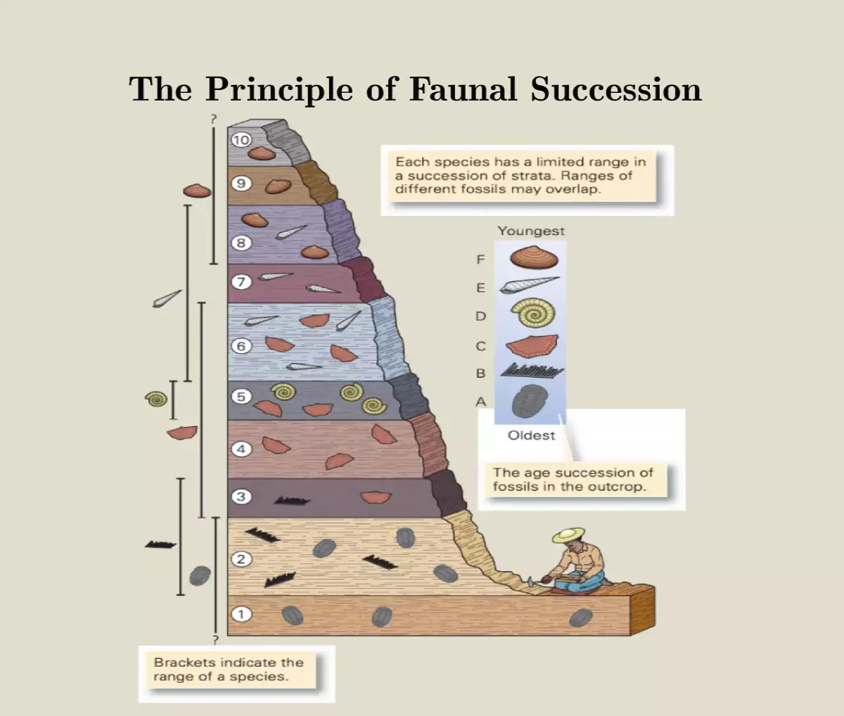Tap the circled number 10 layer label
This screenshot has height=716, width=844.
pyautogui.click(x=241, y=140)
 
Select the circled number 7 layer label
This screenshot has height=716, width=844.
pyautogui.click(x=241, y=282)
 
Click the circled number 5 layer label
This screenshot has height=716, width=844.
pyautogui.click(x=241, y=397)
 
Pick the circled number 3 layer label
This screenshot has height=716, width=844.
pyautogui.click(x=241, y=497)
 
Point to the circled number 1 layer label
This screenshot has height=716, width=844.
pyautogui.click(x=241, y=614)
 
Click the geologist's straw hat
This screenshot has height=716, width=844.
pyautogui.click(x=568, y=535)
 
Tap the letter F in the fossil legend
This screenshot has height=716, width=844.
pyautogui.click(x=481, y=260)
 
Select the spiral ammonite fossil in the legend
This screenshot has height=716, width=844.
pyautogui.click(x=532, y=314)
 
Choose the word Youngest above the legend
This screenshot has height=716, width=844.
pyautogui.click(x=531, y=231)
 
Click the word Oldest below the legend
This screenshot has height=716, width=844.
pyautogui.click(x=531, y=435)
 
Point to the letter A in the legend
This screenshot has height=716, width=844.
pyautogui.click(x=481, y=402)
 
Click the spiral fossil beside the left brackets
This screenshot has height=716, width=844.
pyautogui.click(x=156, y=399)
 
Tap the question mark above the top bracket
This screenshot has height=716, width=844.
pyautogui.click(x=213, y=120)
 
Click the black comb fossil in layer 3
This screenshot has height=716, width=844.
pyautogui.click(x=291, y=501)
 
